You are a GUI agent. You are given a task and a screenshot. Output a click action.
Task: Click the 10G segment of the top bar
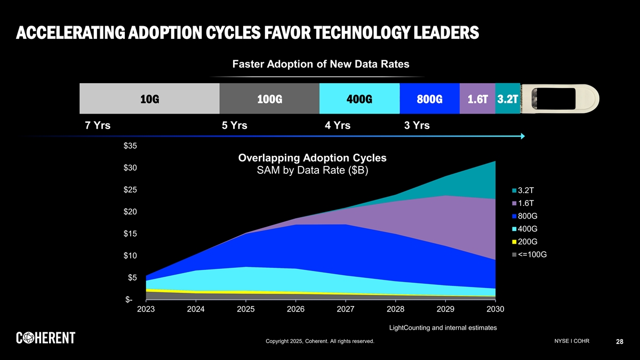click(149, 99)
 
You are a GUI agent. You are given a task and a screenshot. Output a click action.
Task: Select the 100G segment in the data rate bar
click(269, 99)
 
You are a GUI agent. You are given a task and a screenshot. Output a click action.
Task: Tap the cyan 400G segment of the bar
click(359, 99)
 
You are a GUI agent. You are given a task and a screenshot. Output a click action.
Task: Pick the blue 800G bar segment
click(429, 99)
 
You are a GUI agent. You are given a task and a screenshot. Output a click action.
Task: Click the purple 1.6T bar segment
click(477, 99)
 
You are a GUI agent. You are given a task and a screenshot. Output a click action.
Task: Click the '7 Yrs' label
click(98, 126)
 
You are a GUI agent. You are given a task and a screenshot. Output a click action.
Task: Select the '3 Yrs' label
click(417, 126)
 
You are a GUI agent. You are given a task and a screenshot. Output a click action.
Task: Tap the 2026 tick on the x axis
click(295, 309)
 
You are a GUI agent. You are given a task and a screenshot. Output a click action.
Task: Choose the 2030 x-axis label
click(495, 309)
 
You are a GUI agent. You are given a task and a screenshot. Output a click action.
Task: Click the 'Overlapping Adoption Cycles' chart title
click(313, 158)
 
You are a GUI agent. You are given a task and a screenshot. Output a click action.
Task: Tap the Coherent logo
click(46, 338)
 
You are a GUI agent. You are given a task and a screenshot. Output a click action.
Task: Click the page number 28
click(619, 342)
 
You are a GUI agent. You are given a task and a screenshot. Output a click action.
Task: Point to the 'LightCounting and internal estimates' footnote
click(443, 327)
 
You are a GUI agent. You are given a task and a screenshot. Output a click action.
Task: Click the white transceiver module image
click(560, 99)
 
